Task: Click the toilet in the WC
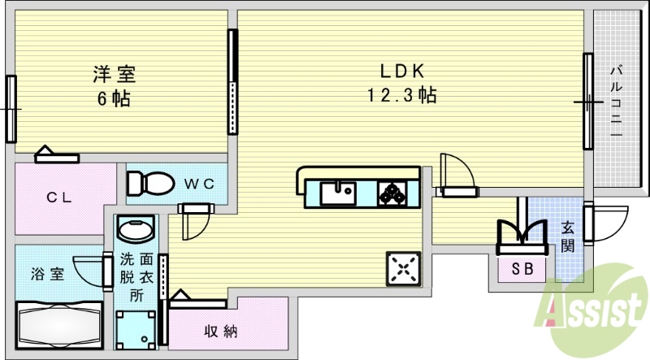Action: [147, 182]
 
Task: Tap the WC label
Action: [197, 184]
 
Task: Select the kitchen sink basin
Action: [336, 193]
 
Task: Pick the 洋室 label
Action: [113, 75]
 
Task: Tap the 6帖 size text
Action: [113, 99]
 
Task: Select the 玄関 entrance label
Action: [567, 236]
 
